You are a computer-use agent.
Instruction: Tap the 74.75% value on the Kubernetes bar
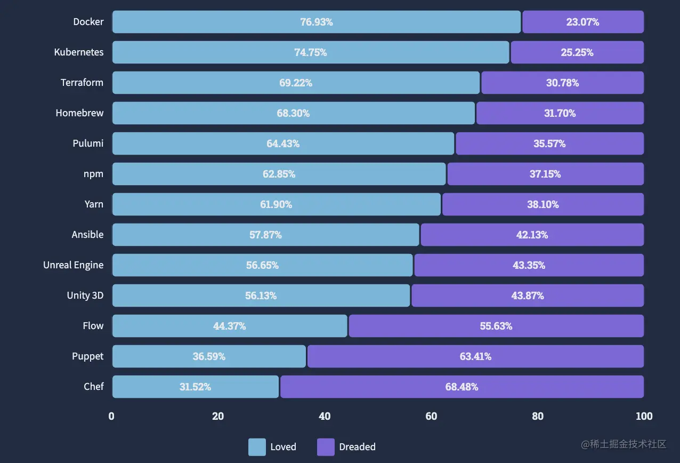click(310, 52)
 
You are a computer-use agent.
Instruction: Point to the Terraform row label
click(82, 83)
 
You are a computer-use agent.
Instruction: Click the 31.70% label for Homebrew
click(560, 113)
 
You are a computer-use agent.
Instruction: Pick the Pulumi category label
click(88, 143)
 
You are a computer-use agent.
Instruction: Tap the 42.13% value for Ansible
click(532, 235)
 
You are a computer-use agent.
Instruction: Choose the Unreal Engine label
click(74, 265)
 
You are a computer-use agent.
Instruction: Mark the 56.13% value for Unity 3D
click(261, 296)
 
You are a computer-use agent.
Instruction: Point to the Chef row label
click(93, 387)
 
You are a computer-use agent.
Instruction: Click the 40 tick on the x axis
click(325, 416)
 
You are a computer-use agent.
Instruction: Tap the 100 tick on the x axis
click(644, 416)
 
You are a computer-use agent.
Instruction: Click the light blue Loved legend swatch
click(257, 447)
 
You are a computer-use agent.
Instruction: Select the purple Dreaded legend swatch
click(326, 447)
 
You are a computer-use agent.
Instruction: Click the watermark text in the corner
click(624, 444)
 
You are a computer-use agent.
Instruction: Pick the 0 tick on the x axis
click(111, 416)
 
